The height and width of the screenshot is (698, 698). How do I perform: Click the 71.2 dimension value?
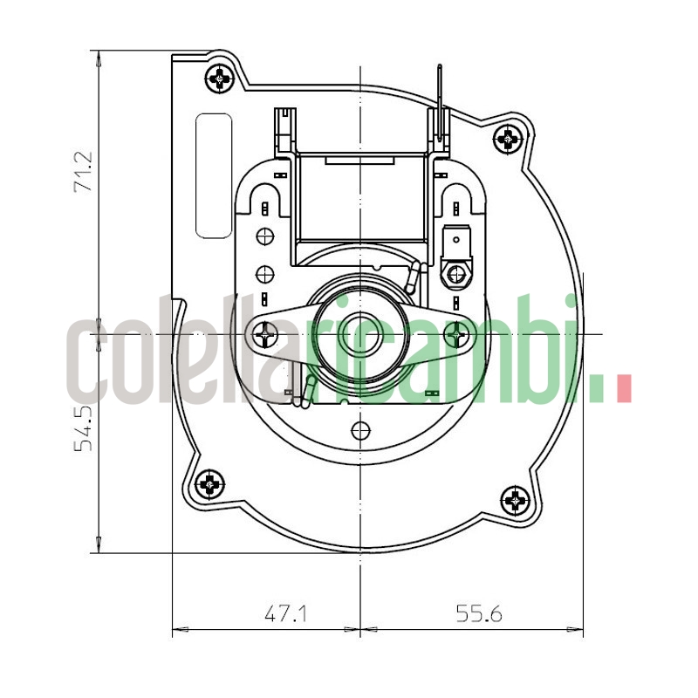tap(84, 172)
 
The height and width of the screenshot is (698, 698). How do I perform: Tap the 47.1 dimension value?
tap(286, 613)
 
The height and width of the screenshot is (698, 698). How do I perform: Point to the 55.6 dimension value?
tap(479, 613)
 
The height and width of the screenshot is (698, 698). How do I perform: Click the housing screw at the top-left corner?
tap(221, 79)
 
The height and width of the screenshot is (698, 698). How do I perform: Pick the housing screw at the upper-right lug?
tap(508, 138)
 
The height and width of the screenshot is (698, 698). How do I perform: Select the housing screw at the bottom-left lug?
tap(210, 483)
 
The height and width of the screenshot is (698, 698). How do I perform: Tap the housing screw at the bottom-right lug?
tap(517, 501)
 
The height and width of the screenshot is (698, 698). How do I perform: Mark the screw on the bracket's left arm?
tap(264, 332)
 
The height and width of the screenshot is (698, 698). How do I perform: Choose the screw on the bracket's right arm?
tap(455, 332)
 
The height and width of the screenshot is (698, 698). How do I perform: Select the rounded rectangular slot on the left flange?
tap(214, 175)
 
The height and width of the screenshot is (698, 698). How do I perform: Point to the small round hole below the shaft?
tap(359, 429)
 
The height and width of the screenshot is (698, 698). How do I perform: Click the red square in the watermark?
tap(623, 387)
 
